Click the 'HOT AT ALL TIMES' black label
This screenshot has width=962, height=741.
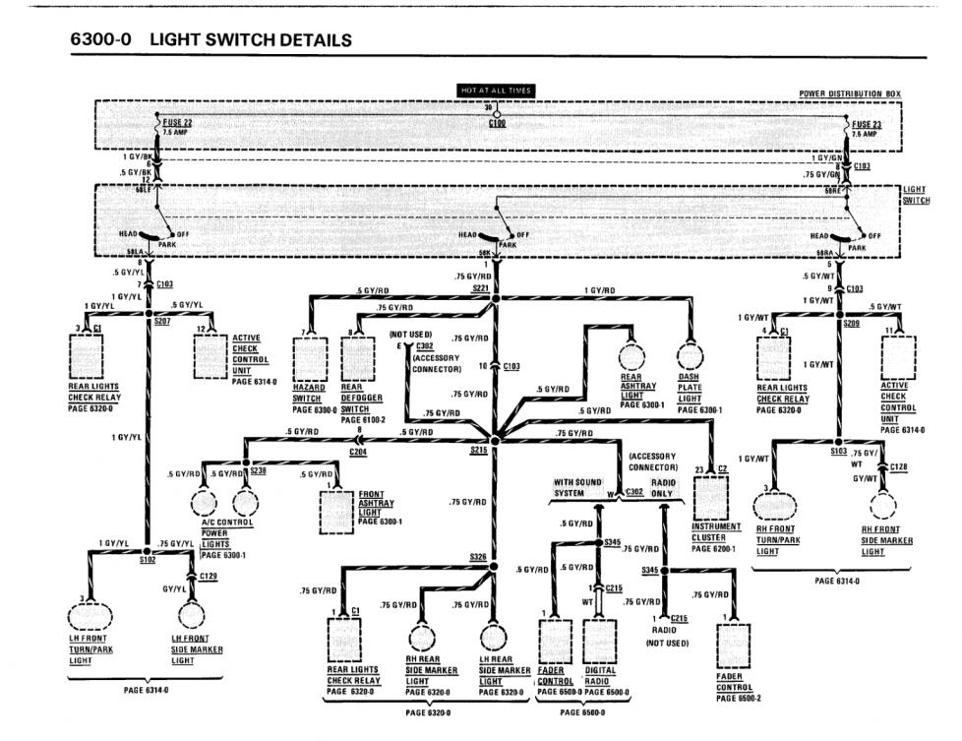pyautogui.click(x=496, y=91)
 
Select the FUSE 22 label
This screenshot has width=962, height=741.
pyautogui.click(x=177, y=123)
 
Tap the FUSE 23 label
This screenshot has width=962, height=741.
pyautogui.click(x=865, y=123)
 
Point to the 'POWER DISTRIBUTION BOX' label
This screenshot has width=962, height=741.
pyautogui.click(x=849, y=93)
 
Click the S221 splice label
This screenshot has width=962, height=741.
pyautogui.click(x=480, y=289)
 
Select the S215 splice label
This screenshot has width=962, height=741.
pyautogui.click(x=479, y=451)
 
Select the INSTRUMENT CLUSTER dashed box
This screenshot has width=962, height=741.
pyautogui.click(x=715, y=489)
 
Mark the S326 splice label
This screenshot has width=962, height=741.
pyautogui.click(x=479, y=558)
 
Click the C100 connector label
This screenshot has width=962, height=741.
pyautogui.click(x=497, y=125)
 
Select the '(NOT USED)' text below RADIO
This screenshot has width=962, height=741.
pyautogui.click(x=666, y=643)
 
